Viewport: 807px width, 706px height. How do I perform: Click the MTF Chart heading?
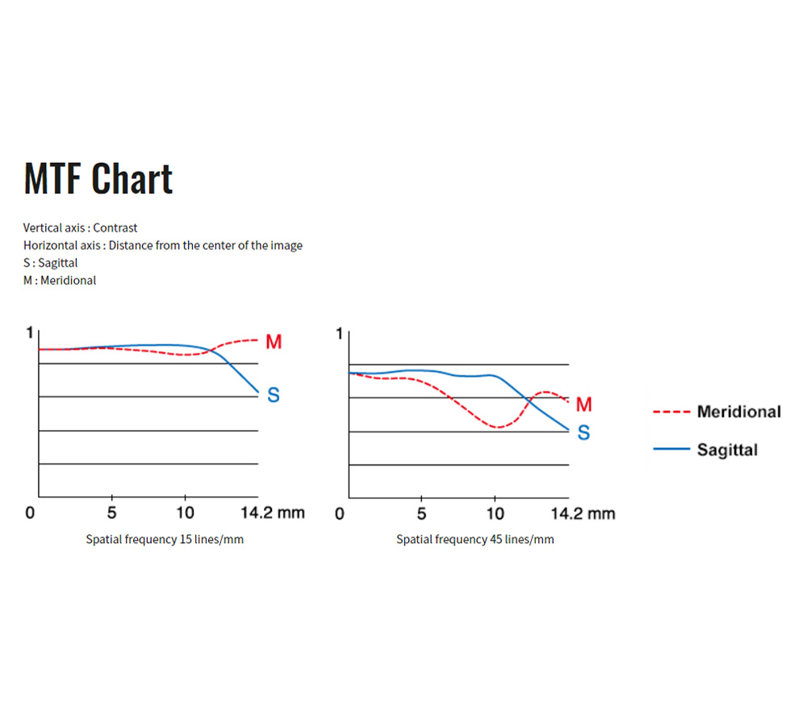click(98, 178)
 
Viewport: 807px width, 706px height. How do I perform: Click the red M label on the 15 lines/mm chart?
click(274, 341)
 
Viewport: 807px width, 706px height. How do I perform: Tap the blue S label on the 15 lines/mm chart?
click(274, 395)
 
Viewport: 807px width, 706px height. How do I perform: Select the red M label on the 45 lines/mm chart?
click(583, 404)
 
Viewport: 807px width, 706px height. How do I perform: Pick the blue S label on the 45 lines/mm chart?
click(583, 432)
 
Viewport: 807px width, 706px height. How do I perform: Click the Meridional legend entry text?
click(739, 411)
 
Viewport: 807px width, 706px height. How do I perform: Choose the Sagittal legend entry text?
click(727, 449)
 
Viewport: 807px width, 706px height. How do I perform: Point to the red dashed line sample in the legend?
click(671, 411)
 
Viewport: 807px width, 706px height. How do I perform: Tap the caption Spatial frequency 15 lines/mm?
click(165, 539)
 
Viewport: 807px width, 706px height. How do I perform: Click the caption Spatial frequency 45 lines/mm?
click(475, 539)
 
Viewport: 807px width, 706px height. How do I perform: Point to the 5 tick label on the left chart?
click(111, 512)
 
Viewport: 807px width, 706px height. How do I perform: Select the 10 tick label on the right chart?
click(495, 513)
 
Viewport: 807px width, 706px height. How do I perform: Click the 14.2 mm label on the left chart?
click(273, 512)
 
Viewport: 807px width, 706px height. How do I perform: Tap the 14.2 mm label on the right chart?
click(583, 513)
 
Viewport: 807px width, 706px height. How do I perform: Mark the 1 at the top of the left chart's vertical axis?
click(30, 333)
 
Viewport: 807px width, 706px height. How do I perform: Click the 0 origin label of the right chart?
click(340, 513)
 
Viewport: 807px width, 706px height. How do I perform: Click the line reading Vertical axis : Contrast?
click(80, 228)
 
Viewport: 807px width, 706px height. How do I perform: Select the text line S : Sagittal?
click(50, 263)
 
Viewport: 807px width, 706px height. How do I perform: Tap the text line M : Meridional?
click(60, 281)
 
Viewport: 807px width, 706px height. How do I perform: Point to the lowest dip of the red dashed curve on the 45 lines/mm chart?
click(497, 427)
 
